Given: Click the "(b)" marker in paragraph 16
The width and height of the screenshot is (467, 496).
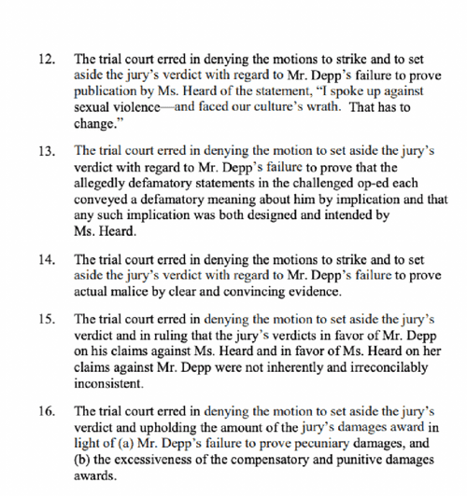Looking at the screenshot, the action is pos(84,464).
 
